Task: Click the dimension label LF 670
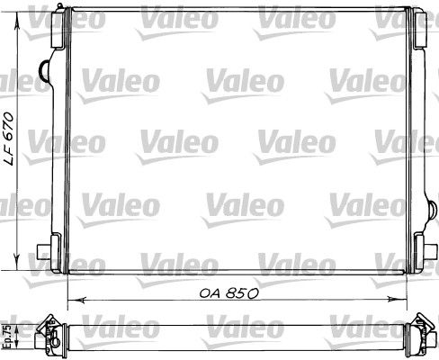click(9, 139)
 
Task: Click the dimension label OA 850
click(228, 293)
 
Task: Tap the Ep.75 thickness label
click(8, 337)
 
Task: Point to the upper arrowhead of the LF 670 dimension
click(17, 20)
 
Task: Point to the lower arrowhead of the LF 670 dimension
click(17, 262)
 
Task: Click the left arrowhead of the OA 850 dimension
click(77, 300)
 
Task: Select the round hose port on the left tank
click(45, 71)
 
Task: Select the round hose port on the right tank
click(433, 210)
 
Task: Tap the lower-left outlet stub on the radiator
click(43, 252)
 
